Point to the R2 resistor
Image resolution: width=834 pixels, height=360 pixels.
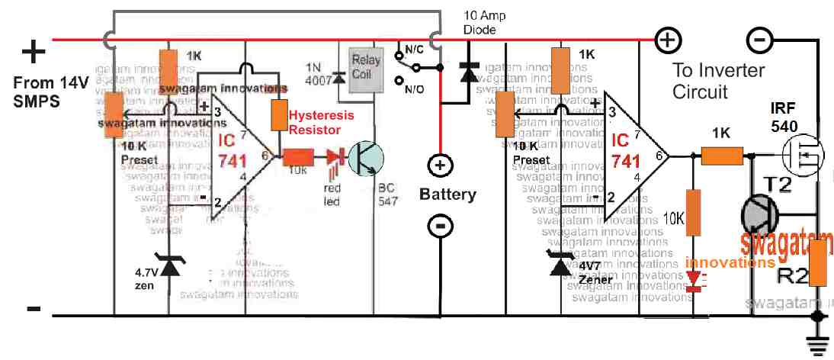pyautogui.click(x=820, y=262)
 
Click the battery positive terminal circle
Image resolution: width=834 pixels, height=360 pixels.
pyautogui.click(x=440, y=166)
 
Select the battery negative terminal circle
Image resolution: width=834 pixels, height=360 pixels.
pyautogui.click(x=440, y=226)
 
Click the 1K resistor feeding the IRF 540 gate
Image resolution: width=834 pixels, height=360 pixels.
pyautogui.click(x=721, y=157)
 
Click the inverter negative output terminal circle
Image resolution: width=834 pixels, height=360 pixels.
pyautogui.click(x=757, y=39)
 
